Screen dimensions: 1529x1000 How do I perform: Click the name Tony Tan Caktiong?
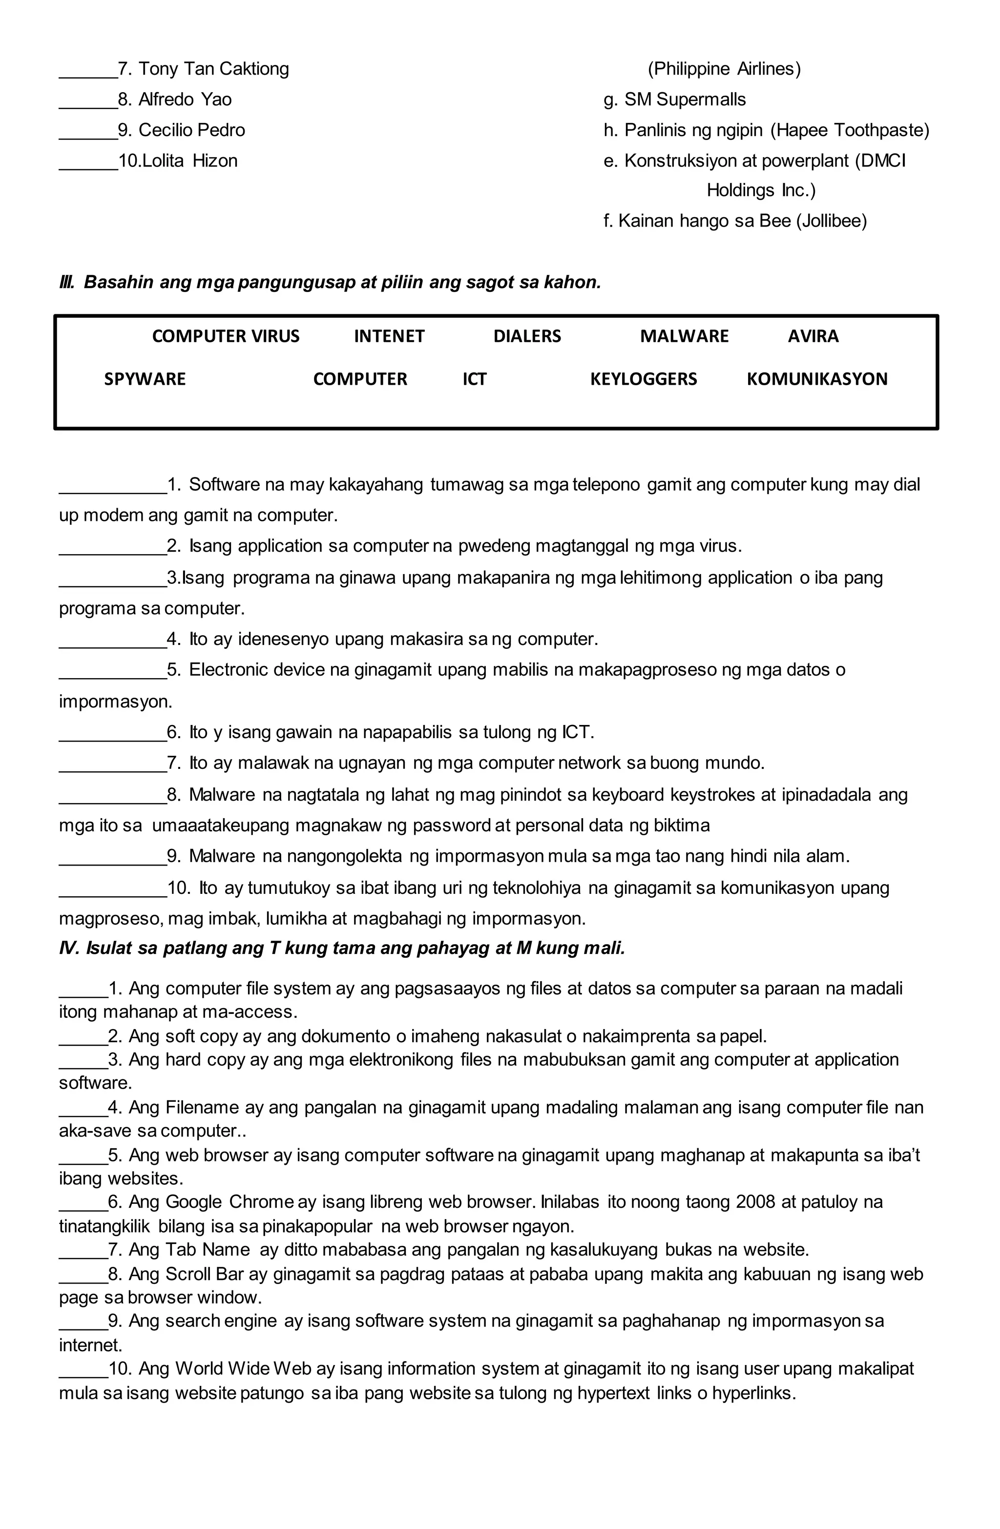tap(213, 69)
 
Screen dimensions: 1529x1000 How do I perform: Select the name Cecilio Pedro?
tap(191, 130)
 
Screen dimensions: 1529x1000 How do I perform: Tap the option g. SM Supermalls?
tap(674, 100)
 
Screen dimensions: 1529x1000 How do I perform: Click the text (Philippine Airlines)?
tap(724, 69)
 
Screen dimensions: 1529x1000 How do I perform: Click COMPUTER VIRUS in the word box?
tap(226, 336)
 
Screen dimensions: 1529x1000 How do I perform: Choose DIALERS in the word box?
tap(527, 336)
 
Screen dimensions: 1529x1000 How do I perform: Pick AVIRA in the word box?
tap(813, 336)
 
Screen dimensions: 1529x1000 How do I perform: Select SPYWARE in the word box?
tap(145, 379)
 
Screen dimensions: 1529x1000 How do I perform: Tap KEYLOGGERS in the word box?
tap(644, 379)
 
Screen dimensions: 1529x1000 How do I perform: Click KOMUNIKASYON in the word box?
tap(817, 379)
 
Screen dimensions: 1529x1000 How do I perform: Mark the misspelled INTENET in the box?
tap(389, 336)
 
